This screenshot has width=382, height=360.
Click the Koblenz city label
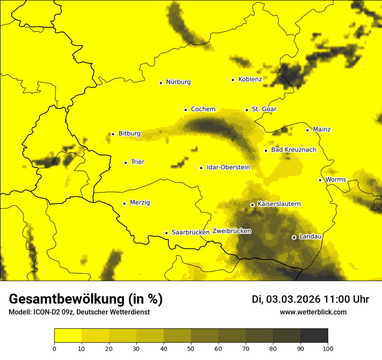250,79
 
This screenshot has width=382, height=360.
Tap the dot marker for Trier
126,163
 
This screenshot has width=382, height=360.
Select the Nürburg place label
178,82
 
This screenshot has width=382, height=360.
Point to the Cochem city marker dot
185,110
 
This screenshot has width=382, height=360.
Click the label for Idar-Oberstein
228,167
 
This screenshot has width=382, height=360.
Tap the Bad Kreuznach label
293,150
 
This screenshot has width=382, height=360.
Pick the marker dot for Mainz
307,130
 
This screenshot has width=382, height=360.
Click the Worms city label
336,180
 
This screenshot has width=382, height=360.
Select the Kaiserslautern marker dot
252,205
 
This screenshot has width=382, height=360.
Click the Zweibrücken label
232,231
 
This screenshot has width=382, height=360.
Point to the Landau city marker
294,237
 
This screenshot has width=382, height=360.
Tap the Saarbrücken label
191,232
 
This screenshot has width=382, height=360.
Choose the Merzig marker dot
124,203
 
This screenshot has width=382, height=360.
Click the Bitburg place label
129,134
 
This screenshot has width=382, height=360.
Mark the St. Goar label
264,109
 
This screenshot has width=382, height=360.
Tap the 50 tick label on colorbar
191,348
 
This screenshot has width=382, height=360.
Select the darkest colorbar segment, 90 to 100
314,336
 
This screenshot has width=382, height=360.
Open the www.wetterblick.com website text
313,312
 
